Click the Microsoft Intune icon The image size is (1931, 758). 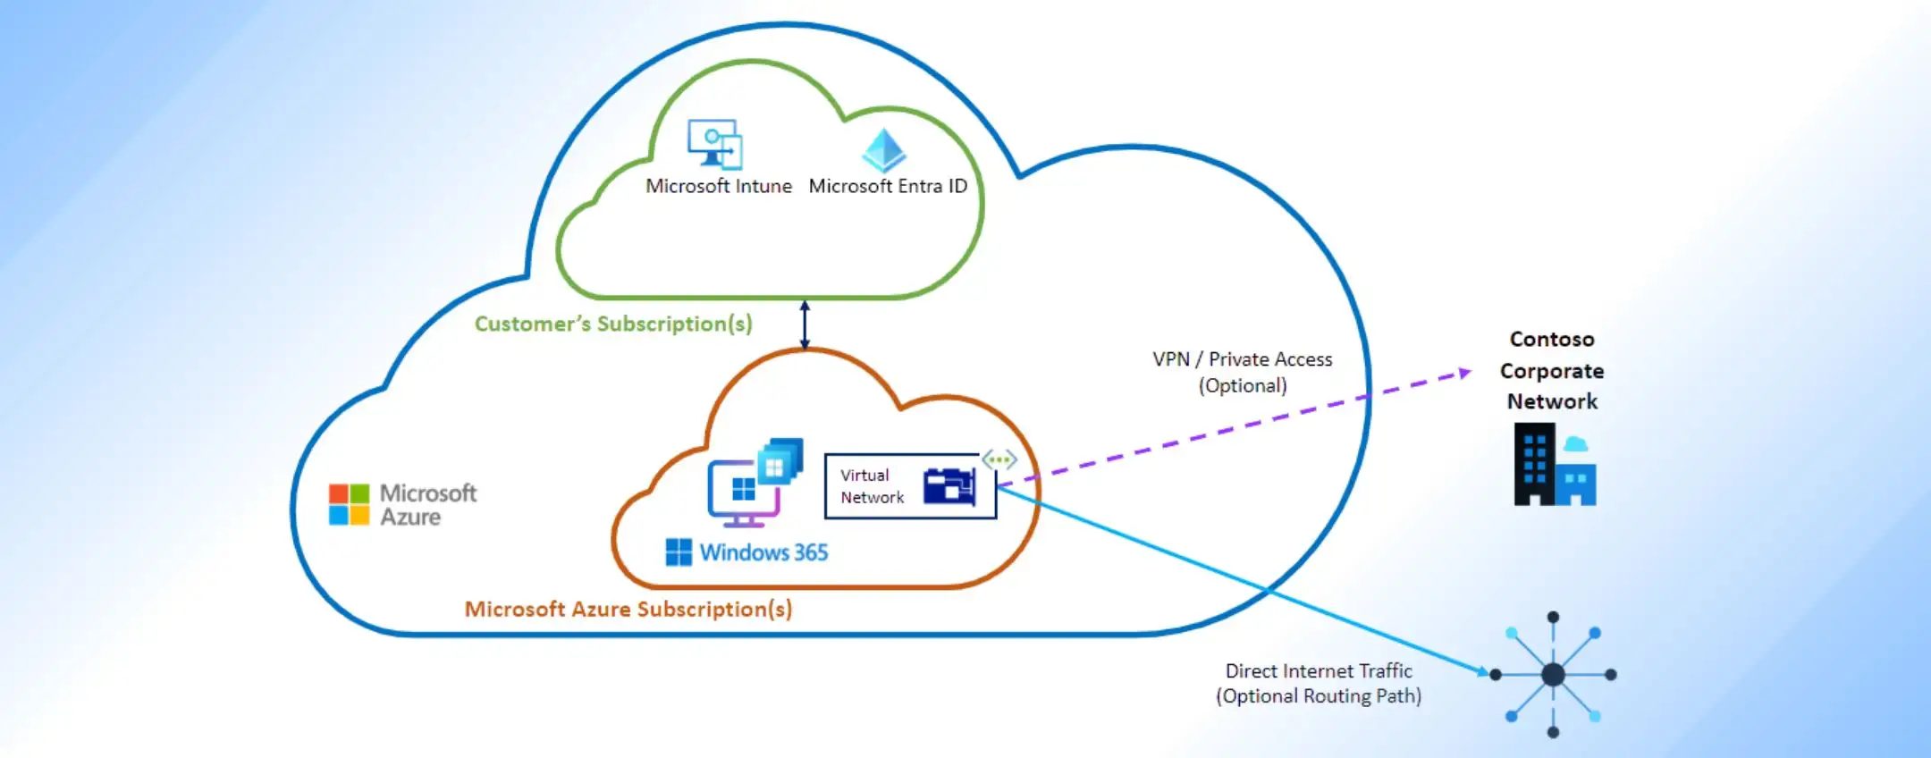click(715, 144)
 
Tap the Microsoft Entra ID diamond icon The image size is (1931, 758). click(883, 150)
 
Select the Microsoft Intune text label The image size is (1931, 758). click(719, 186)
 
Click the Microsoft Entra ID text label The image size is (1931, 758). click(888, 186)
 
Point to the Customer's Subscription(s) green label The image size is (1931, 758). click(613, 324)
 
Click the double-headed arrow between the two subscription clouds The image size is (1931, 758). click(805, 324)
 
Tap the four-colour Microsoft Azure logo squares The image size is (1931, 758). click(349, 505)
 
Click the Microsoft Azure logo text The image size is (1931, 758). click(427, 505)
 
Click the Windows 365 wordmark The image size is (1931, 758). click(763, 552)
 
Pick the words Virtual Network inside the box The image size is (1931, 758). click(871, 486)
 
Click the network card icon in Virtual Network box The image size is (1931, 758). click(949, 487)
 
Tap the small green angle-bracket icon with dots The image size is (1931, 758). click(999, 460)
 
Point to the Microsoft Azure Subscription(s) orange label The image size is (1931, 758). click(628, 610)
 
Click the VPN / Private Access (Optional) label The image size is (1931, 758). click(1242, 372)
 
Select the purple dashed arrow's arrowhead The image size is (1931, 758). click(1464, 372)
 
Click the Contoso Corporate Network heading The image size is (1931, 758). click(1552, 370)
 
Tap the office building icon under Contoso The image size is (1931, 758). click(1554, 465)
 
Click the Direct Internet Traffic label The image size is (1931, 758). click(1319, 683)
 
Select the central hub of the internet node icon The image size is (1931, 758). click(1553, 674)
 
